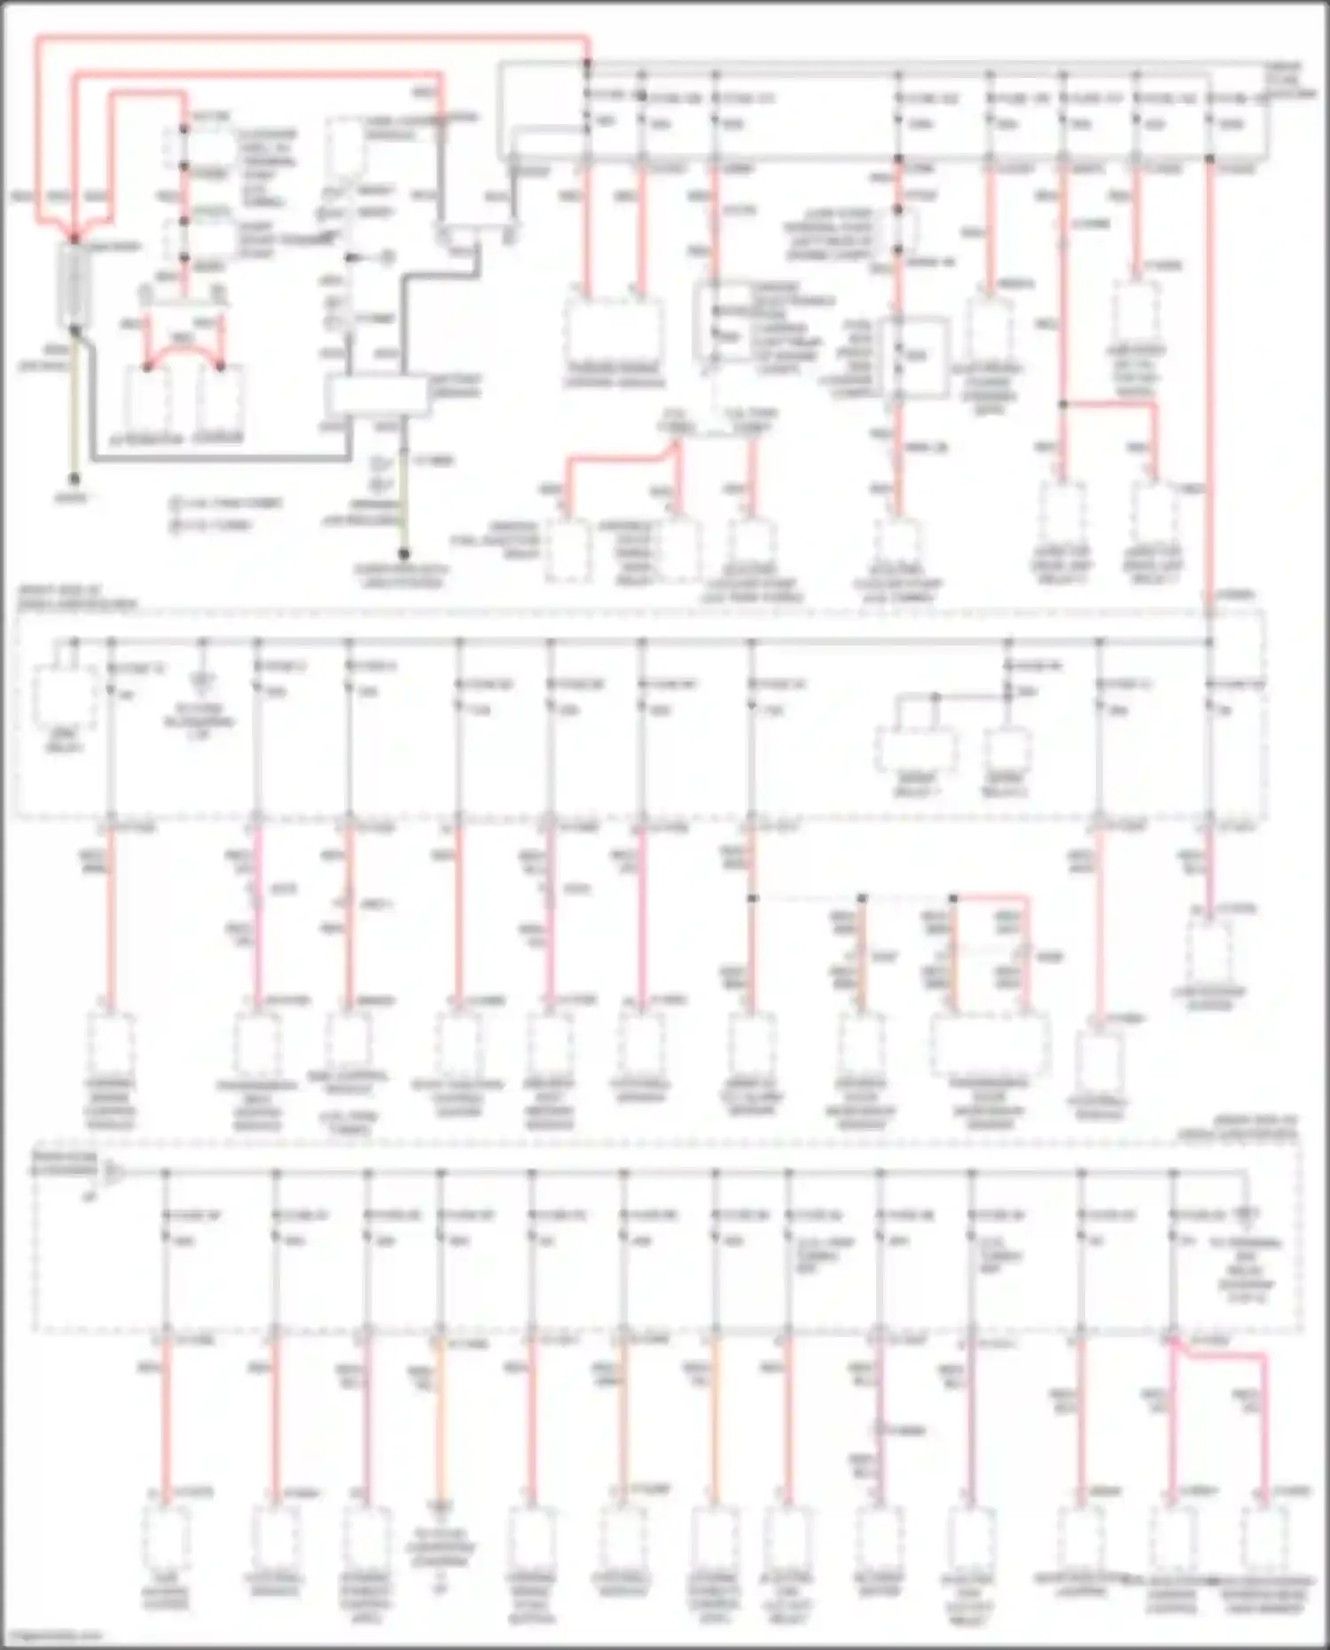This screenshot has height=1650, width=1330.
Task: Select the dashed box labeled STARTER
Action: (x=219, y=399)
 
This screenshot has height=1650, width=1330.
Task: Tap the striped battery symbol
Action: (x=74, y=284)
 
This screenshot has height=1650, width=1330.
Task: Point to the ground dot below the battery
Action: (x=74, y=480)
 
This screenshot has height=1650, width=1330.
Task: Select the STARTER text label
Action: (x=219, y=438)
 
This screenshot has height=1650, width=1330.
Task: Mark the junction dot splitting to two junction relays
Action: (x=1063, y=404)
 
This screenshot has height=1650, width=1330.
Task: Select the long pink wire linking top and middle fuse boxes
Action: (x=1210, y=381)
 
